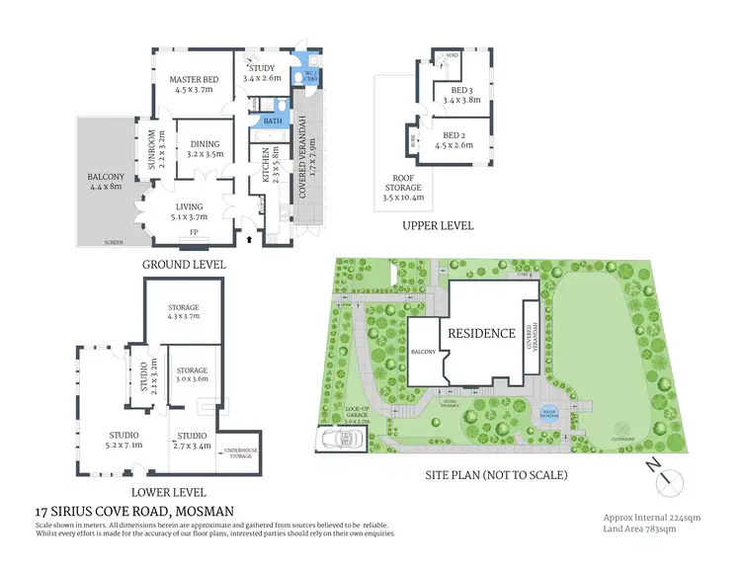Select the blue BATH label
pyautogui.click(x=270, y=122)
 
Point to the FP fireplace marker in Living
pyautogui.click(x=194, y=234)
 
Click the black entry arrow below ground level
pyautogui.click(x=249, y=238)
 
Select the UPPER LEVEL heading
pyautogui.click(x=438, y=225)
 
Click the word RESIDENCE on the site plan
pyautogui.click(x=483, y=333)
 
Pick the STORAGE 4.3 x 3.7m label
pyautogui.click(x=183, y=311)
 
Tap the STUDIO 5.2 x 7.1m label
pyautogui.click(x=123, y=439)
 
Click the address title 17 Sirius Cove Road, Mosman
pyautogui.click(x=133, y=511)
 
